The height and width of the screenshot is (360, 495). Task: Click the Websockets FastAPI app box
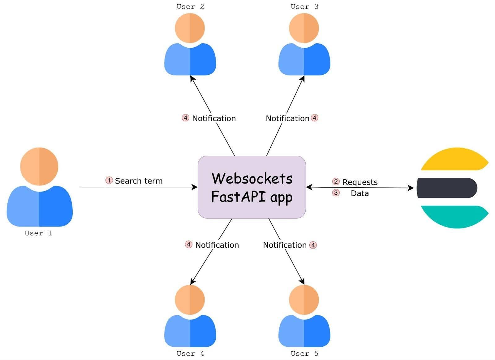252,187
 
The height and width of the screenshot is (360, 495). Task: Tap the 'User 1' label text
38,233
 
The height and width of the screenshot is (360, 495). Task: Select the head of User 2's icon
190,28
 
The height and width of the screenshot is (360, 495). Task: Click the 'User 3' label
304,7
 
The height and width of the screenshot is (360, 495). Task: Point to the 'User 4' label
190,353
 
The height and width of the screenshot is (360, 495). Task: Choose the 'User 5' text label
304,353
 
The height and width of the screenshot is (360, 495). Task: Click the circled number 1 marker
109,180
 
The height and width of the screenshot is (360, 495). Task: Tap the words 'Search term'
139,181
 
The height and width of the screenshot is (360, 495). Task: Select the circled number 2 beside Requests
336,182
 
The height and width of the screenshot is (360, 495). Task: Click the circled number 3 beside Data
336,193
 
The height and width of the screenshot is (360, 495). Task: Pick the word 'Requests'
360,182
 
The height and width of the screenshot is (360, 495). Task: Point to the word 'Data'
359,193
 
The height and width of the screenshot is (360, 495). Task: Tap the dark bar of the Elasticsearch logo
447,188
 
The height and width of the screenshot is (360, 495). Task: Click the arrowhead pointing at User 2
192,78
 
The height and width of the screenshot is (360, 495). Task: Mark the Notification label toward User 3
287,118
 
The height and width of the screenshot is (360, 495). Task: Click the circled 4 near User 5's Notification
313,245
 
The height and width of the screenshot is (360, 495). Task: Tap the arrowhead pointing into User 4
192,281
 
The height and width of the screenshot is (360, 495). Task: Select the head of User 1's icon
39,166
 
